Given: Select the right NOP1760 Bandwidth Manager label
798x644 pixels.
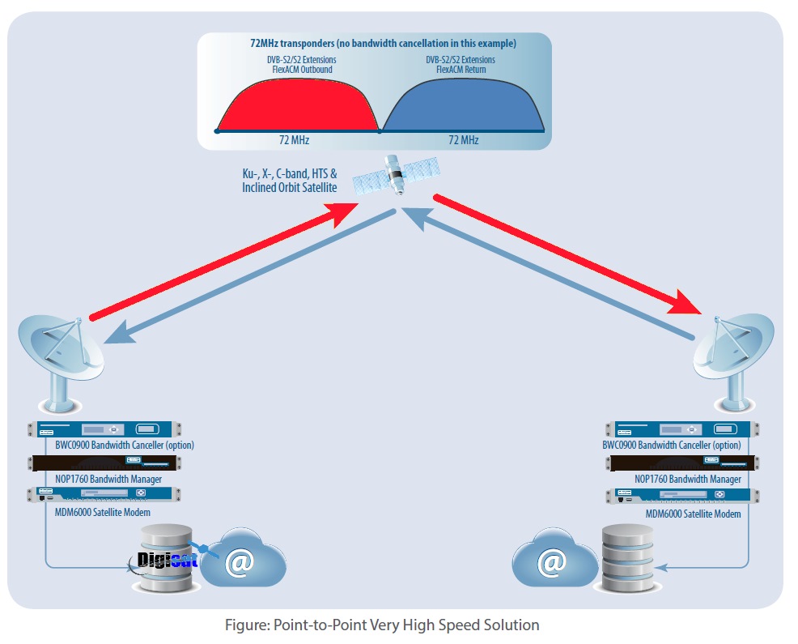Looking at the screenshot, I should coord(687,479).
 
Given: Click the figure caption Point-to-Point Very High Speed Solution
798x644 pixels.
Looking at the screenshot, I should coord(381,625).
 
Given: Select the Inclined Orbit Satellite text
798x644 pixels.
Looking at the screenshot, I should coord(289,187).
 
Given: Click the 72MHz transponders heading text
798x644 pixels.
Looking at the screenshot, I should coord(383,43).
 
